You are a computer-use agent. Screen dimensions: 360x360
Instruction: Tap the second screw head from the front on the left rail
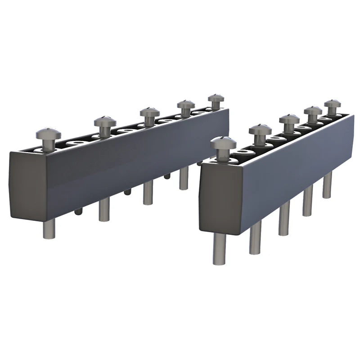click(x=105, y=121)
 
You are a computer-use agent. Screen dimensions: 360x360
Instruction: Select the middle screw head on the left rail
click(x=149, y=112)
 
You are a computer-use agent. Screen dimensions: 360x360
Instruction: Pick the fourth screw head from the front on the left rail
click(x=185, y=104)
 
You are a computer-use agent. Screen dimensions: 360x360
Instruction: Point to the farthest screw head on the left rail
click(x=216, y=98)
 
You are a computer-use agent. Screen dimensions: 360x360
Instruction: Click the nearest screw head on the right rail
click(x=223, y=144)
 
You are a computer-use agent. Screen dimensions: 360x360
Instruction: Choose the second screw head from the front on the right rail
click(x=260, y=130)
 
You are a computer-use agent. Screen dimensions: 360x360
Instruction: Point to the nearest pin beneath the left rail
click(x=49, y=228)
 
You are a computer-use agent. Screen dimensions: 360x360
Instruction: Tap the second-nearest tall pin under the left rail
click(x=104, y=209)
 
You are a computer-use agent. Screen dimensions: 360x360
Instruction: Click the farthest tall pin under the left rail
click(x=183, y=178)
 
